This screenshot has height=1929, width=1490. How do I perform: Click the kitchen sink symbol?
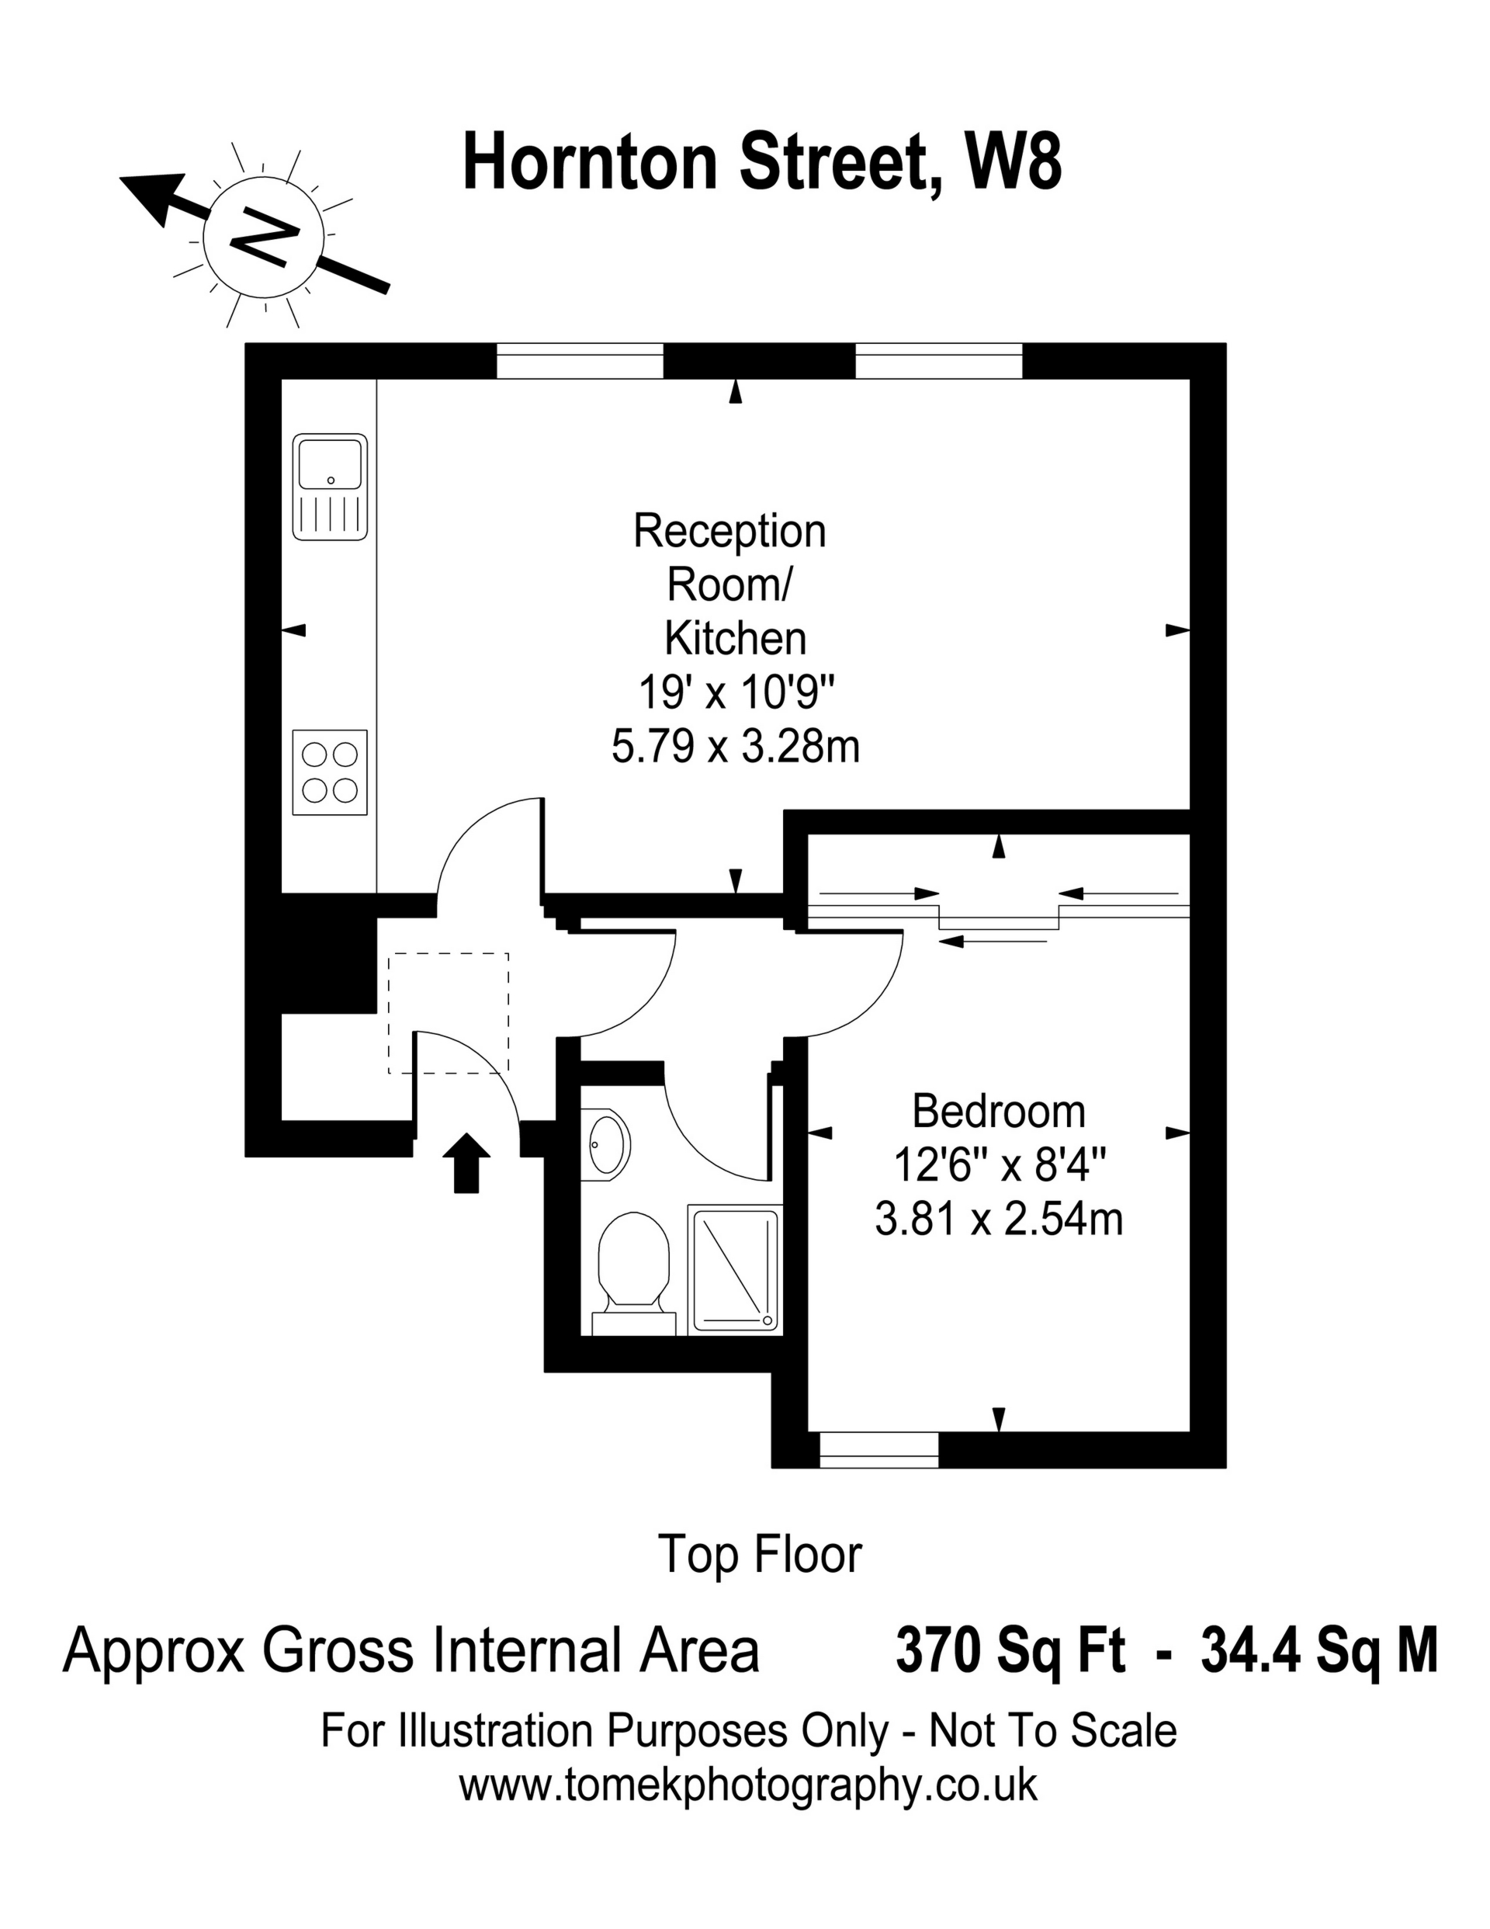point(330,487)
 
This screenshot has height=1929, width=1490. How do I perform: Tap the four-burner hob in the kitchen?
point(330,772)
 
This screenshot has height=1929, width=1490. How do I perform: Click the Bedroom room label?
point(998,1111)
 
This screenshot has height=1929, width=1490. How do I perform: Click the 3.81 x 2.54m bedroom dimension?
point(998,1220)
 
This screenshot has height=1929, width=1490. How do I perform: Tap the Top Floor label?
point(760,1555)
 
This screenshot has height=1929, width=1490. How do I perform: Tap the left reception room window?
point(580,360)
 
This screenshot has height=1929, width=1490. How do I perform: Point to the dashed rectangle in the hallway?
point(449,1013)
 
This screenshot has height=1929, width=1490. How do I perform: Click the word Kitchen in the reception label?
point(735,639)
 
